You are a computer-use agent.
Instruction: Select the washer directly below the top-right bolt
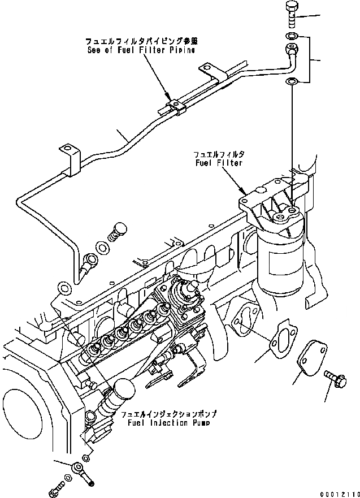tap(289, 38)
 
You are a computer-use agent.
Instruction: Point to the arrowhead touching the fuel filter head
tap(244, 193)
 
